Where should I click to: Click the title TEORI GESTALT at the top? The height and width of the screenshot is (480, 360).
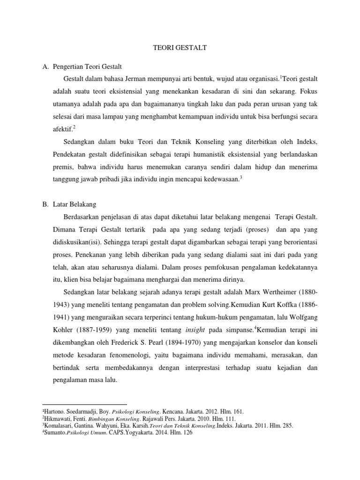pos(180,47)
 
